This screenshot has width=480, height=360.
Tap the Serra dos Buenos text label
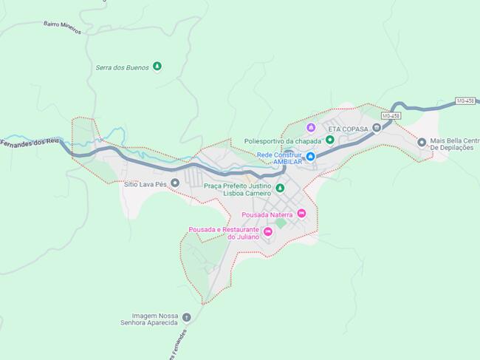(x=122, y=67)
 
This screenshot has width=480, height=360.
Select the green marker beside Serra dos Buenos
(x=157, y=67)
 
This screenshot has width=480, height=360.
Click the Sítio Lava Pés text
(x=146, y=183)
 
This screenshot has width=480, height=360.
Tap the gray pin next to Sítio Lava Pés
(x=175, y=183)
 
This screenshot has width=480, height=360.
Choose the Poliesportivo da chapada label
(x=284, y=140)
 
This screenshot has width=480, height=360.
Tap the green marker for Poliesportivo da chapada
(x=330, y=140)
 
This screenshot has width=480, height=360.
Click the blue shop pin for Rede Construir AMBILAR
(x=311, y=157)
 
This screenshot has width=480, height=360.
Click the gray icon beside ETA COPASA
(x=377, y=128)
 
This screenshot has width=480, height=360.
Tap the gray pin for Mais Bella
(x=422, y=143)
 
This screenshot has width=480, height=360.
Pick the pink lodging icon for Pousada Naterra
(x=301, y=214)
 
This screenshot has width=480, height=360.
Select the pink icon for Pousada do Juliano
(x=267, y=232)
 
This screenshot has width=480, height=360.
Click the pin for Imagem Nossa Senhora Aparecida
(x=186, y=318)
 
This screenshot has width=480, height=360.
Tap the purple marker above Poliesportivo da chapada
(x=311, y=128)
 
